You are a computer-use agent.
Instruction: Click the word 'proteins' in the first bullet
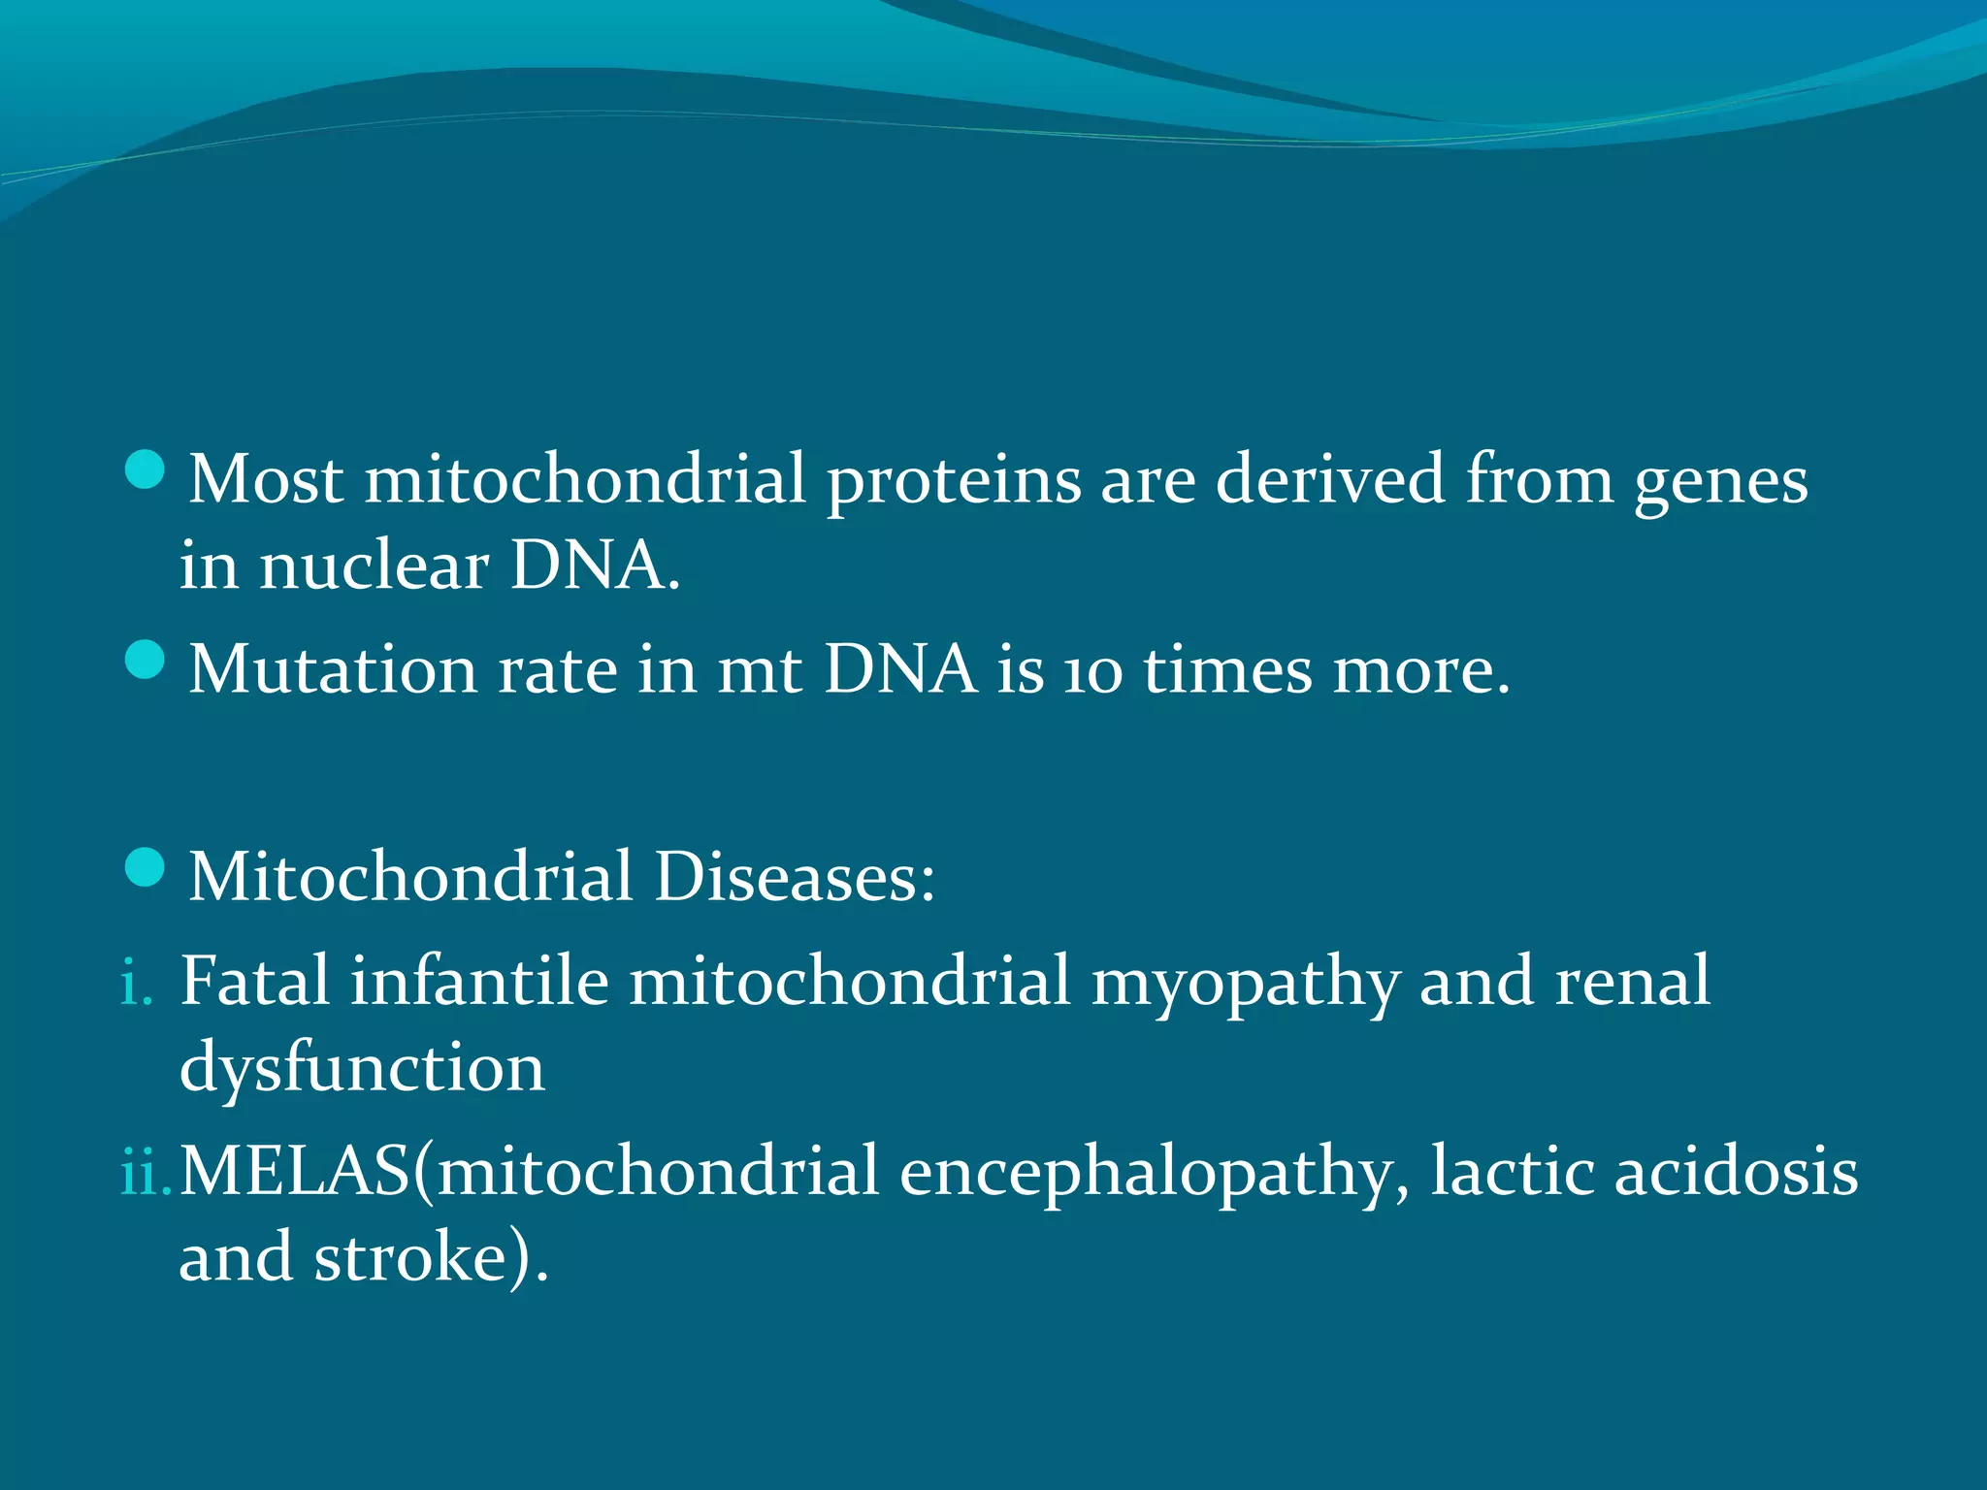tap(953, 482)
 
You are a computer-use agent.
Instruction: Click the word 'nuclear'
tap(374, 567)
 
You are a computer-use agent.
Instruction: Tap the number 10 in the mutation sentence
tap(1092, 672)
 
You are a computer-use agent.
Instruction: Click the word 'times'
tap(1227, 670)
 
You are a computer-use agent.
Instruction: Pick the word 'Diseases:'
tap(794, 877)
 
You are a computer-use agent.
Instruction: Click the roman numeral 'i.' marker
tap(137, 984)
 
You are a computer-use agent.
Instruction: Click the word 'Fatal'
tap(255, 982)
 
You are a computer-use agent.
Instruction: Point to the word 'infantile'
tap(479, 982)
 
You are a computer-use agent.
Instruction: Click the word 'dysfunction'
tap(362, 1069)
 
